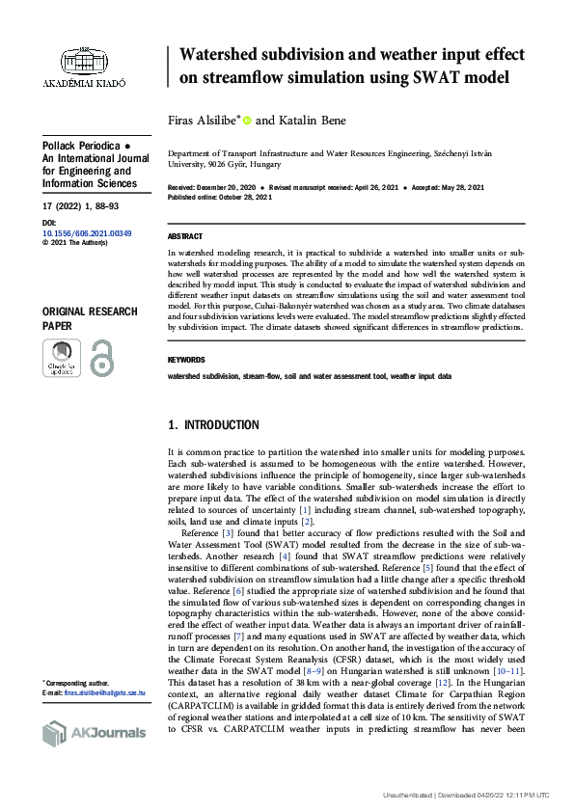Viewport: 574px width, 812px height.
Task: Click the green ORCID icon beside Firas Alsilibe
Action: (247, 121)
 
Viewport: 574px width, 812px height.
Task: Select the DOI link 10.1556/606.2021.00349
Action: (87, 234)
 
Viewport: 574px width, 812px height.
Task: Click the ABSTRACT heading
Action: (185, 236)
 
